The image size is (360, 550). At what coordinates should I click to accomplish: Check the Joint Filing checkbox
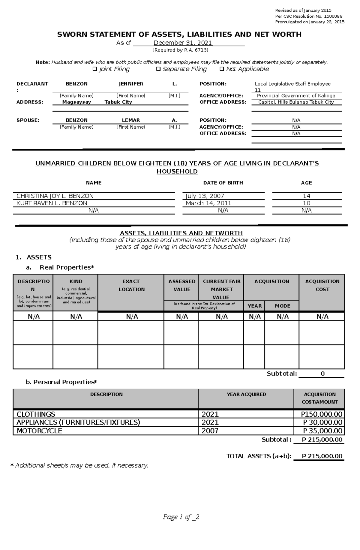pos(95,69)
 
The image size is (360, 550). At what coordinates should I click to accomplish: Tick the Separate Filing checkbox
pos(158,69)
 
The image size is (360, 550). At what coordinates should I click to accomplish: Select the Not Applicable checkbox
pos(222,69)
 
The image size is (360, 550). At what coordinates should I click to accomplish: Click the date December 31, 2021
pos(183,43)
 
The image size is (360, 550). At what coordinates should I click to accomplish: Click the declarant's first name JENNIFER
pos(131,84)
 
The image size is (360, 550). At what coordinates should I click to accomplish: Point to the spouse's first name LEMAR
pos(131,120)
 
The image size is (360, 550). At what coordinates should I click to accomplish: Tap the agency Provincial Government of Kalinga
pos(296,96)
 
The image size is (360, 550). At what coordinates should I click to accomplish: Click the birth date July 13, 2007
pos(205,196)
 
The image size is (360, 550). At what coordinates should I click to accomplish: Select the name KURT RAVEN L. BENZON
pos(52,203)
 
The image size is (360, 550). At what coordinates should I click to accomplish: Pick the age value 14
pos(306,196)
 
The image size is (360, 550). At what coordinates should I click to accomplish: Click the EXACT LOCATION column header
pos(131,285)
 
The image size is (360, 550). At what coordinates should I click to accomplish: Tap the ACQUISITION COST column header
pos(322,285)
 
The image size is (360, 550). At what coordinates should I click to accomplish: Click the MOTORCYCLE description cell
pos(39,431)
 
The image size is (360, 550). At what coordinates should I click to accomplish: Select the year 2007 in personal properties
pos(210,431)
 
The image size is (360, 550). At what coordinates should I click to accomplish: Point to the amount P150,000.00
pos(322,415)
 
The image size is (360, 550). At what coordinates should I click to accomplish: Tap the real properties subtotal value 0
pos(322,374)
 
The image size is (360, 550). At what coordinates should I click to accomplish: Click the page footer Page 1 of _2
pos(181,517)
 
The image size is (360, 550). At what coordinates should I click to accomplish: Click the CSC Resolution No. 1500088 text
pos(309,16)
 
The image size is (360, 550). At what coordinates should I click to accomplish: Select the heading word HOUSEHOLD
pos(177,171)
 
